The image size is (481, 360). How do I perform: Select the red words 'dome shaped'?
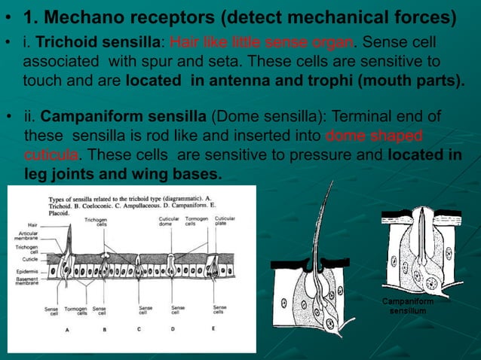(374, 136)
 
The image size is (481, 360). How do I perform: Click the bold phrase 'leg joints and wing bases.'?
(124, 174)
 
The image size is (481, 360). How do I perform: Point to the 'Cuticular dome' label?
(168, 223)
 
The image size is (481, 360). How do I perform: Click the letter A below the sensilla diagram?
(68, 330)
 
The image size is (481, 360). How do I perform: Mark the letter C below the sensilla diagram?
(140, 330)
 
